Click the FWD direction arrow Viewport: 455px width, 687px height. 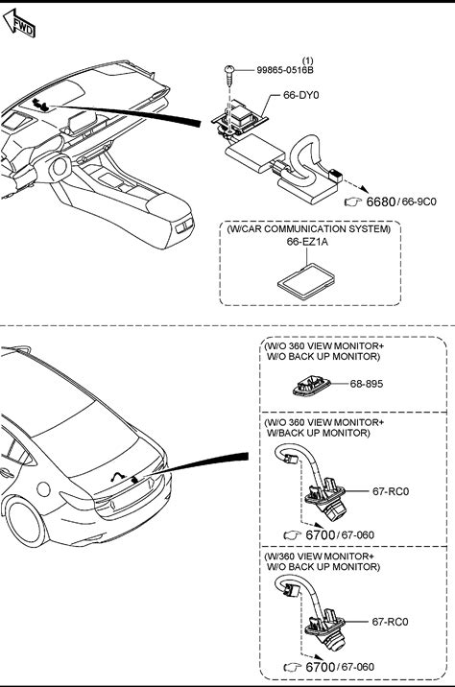tap(18, 23)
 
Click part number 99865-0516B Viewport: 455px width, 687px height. tap(285, 70)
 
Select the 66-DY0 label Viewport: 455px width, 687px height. tap(301, 95)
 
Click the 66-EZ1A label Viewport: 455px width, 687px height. tap(307, 242)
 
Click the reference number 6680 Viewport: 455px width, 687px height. tap(381, 202)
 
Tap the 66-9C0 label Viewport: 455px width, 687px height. tap(419, 202)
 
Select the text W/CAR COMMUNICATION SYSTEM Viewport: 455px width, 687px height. tap(308, 228)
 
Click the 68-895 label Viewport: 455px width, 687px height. tap(367, 384)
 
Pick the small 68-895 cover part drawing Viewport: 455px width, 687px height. tap(312, 386)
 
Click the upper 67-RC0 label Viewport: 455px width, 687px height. tap(391, 491)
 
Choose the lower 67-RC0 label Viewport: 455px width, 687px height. tap(390, 622)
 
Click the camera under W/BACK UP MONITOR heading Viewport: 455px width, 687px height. tap(326, 498)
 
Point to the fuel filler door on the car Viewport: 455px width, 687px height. tap(44, 488)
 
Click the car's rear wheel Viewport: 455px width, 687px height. tap(25, 523)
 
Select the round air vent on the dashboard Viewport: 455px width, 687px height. tap(60, 166)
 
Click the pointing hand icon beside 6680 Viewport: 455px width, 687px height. tap(353, 202)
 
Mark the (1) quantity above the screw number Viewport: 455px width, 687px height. tap(308, 60)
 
